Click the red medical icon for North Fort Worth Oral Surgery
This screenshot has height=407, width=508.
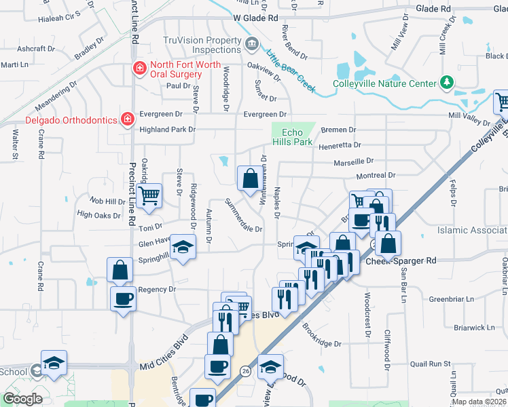pyautogui.click(x=139, y=68)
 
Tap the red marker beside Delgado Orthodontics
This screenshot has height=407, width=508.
pyautogui.click(x=126, y=119)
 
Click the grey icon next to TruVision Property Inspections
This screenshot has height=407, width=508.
pyautogui.click(x=251, y=45)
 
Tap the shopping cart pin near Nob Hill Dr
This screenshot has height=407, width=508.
pyautogui.click(x=149, y=195)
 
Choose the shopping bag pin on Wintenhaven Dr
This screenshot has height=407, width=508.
pyautogui.click(x=250, y=178)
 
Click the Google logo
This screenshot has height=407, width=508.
pyautogui.click(x=22, y=399)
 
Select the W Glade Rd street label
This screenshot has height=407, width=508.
pyautogui.click(x=255, y=18)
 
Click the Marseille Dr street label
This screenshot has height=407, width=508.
pyautogui.click(x=354, y=162)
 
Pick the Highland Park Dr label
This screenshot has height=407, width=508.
pyautogui.click(x=167, y=129)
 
